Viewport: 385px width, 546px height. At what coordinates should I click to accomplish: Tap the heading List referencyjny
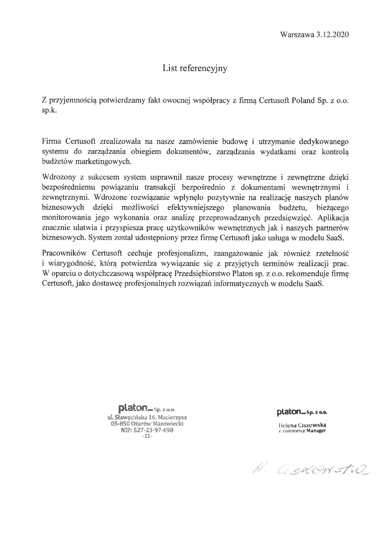coord(195,68)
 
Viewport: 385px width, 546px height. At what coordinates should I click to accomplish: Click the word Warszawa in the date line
coord(296,35)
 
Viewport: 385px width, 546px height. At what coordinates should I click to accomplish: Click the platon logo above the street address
coord(134,408)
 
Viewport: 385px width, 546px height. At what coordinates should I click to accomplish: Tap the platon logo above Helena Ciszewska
coord(291,412)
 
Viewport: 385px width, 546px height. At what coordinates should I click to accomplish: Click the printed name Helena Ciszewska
coord(302,425)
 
